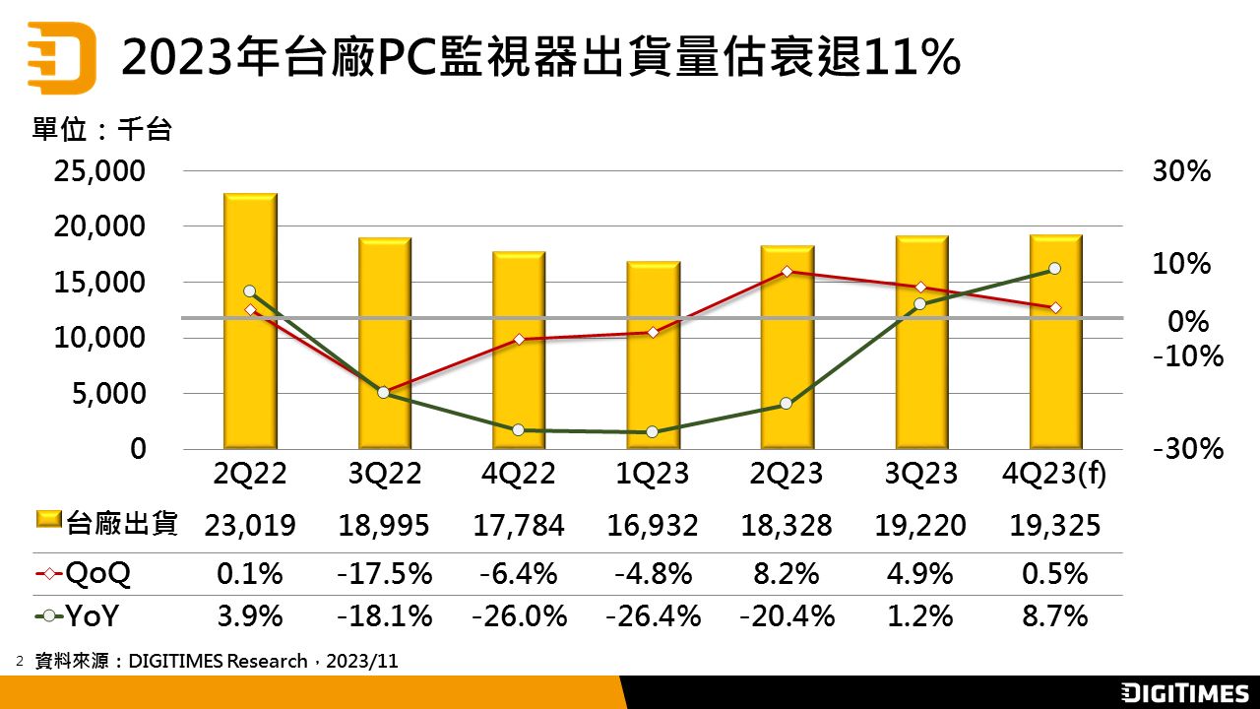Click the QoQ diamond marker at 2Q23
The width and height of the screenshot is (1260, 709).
click(x=787, y=271)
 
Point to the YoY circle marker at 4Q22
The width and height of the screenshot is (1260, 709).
click(x=518, y=429)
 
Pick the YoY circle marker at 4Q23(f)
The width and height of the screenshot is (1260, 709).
click(x=1054, y=268)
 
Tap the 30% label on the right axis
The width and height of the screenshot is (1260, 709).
click(x=1180, y=171)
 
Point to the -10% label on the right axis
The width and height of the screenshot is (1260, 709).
click(x=1188, y=355)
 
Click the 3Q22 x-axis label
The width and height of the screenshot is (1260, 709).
click(x=385, y=474)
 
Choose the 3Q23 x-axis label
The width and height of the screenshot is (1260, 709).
click(x=921, y=474)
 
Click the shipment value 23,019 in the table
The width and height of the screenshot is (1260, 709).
click(x=250, y=525)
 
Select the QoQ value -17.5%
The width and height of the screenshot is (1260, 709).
click(x=385, y=573)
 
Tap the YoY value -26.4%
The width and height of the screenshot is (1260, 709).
click(x=653, y=616)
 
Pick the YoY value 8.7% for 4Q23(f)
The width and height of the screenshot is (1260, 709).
click(x=1055, y=616)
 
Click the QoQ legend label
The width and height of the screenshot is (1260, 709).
click(x=96, y=573)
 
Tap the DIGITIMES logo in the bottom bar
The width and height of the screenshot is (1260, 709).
click(x=1184, y=693)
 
